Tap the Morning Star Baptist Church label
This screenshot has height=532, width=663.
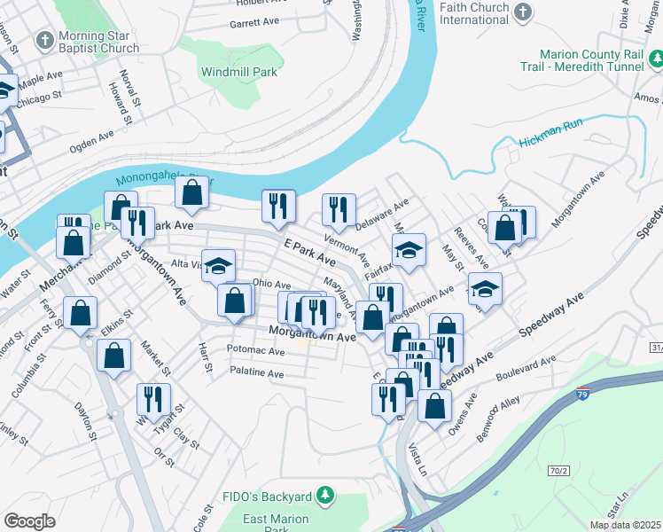pyautogui.click(x=97, y=42)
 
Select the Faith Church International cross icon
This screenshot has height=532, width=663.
pyautogui.click(x=523, y=12)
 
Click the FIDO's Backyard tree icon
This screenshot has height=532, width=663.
pyautogui.click(x=325, y=494)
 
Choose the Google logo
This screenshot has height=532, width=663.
pyautogui.click(x=29, y=521)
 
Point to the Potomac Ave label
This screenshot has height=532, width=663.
pyautogui.click(x=255, y=351)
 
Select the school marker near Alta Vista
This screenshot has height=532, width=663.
pyautogui.click(x=218, y=265)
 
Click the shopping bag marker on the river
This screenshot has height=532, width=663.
pyautogui.click(x=192, y=191)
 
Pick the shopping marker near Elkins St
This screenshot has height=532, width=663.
pyautogui.click(x=114, y=357)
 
